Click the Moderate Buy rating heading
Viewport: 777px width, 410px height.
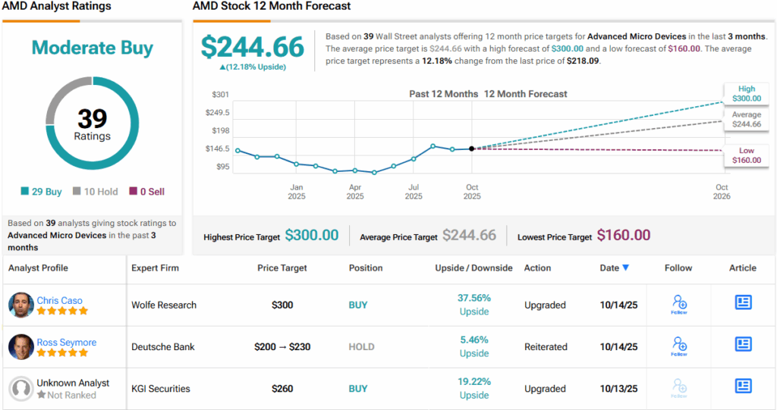pyautogui.click(x=92, y=48)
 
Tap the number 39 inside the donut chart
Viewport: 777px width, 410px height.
pyautogui.click(x=92, y=118)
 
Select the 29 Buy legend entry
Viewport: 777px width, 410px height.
pyautogui.click(x=42, y=192)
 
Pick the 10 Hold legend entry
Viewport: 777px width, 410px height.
pyautogui.click(x=95, y=192)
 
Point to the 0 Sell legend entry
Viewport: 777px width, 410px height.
pyautogui.click(x=146, y=192)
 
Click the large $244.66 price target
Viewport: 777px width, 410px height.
pyautogui.click(x=252, y=47)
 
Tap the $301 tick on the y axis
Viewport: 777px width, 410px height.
pyautogui.click(x=220, y=95)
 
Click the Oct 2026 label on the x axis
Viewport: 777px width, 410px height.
pyautogui.click(x=721, y=192)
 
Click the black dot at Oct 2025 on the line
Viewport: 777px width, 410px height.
pyautogui.click(x=472, y=149)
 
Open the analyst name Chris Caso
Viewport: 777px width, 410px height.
pyautogui.click(x=59, y=300)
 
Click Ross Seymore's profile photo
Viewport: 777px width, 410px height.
pyautogui.click(x=20, y=347)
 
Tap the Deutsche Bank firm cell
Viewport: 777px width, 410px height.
pyautogui.click(x=162, y=347)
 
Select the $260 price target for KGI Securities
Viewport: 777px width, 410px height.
pyautogui.click(x=283, y=389)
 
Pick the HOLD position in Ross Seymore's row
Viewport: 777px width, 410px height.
pyautogui.click(x=361, y=347)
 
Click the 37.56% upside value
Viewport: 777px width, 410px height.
pyautogui.click(x=473, y=298)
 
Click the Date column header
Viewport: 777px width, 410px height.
pyautogui.click(x=614, y=268)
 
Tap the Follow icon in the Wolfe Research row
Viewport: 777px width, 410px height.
pyautogui.click(x=679, y=305)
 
